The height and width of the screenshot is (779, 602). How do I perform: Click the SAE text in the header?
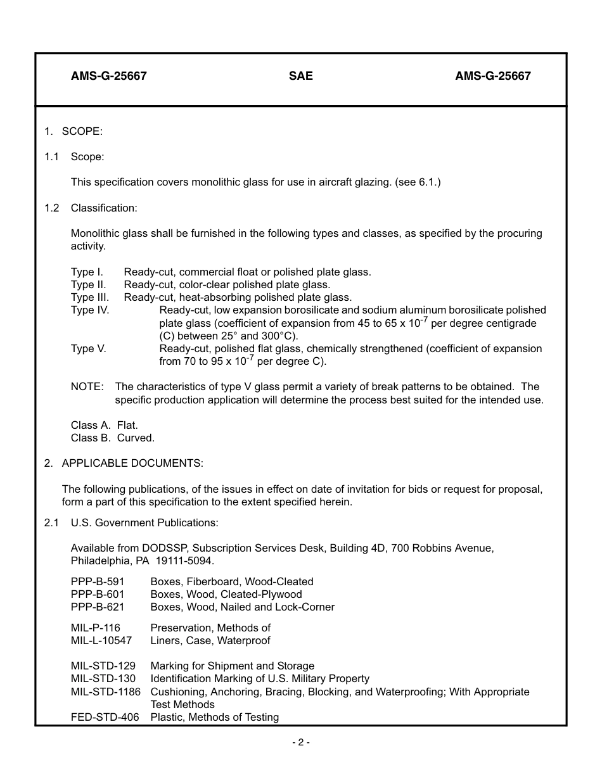[300, 76]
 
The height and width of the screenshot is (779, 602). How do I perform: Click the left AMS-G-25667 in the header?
[108, 76]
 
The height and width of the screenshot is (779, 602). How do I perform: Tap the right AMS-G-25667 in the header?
[492, 76]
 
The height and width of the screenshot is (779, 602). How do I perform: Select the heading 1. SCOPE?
[74, 132]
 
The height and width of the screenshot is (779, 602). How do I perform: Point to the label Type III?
[90, 297]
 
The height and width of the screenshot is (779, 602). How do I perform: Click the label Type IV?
[90, 310]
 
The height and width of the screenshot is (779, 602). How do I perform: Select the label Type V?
[88, 349]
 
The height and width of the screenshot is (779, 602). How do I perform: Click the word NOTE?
[87, 387]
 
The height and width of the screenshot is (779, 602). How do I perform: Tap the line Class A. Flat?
[104, 425]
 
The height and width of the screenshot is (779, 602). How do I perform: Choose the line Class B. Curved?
[112, 438]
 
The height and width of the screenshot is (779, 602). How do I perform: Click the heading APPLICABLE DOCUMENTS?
[132, 464]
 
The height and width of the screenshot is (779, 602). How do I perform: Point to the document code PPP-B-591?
[98, 581]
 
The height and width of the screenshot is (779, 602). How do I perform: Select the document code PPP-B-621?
[98, 607]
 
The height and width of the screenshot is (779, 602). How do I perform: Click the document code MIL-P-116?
[95, 628]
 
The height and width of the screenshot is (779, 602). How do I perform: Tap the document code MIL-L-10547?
[101, 640]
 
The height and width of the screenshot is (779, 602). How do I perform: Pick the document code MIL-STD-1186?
[105, 692]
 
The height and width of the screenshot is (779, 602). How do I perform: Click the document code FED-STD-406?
[105, 717]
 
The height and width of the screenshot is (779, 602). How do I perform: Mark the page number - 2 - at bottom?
[300, 742]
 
